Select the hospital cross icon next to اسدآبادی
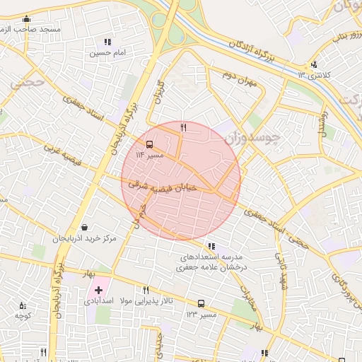click(x=98, y=291)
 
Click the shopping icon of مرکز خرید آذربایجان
click(x=85, y=228)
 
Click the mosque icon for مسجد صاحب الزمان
click(x=27, y=19)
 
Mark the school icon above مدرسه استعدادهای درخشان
click(x=211, y=246)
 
